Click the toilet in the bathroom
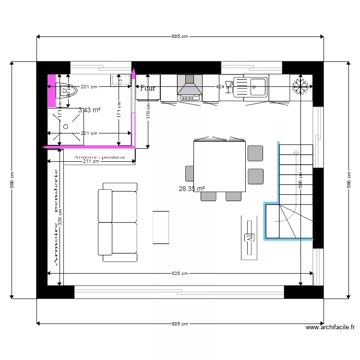coord(66,90)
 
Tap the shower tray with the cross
coord(66,126)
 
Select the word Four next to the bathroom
coord(147,88)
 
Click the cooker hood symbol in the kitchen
coord(189,87)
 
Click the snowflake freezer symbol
coord(301,87)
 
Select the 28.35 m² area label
coord(192,189)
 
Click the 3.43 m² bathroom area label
coord(89,110)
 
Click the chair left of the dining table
coord(189,173)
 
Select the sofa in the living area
coord(118,222)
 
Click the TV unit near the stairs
coord(249,238)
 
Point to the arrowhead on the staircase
coord(296,153)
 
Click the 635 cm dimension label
coord(180,273)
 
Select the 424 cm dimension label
coord(222,87)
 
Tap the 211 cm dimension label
coord(91,162)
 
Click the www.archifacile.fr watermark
coord(330,328)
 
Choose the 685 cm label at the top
coord(180,36)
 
